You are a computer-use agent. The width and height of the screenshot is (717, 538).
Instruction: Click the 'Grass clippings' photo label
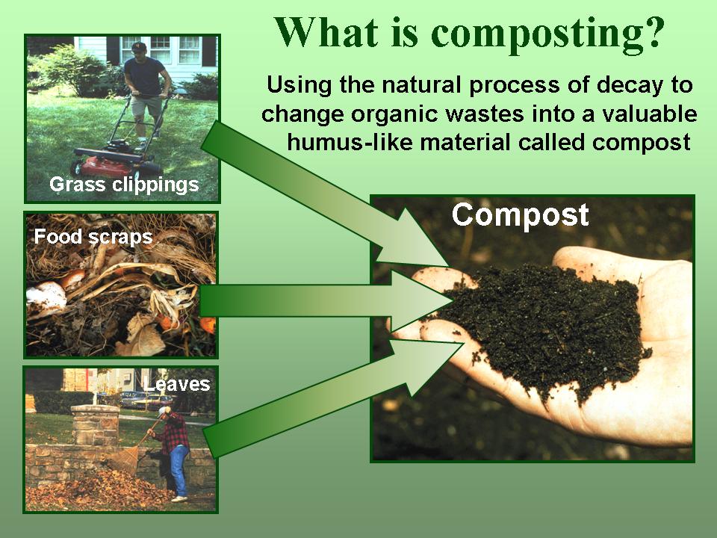point(124,185)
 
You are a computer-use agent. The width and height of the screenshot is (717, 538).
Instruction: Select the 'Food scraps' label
point(93,238)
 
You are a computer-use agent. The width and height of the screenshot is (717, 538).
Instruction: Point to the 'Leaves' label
point(176,384)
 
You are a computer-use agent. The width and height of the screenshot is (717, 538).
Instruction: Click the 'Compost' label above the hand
point(520,215)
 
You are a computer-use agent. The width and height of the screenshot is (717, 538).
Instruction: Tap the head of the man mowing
point(138,49)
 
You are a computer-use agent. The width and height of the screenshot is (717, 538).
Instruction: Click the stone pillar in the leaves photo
point(95,424)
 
